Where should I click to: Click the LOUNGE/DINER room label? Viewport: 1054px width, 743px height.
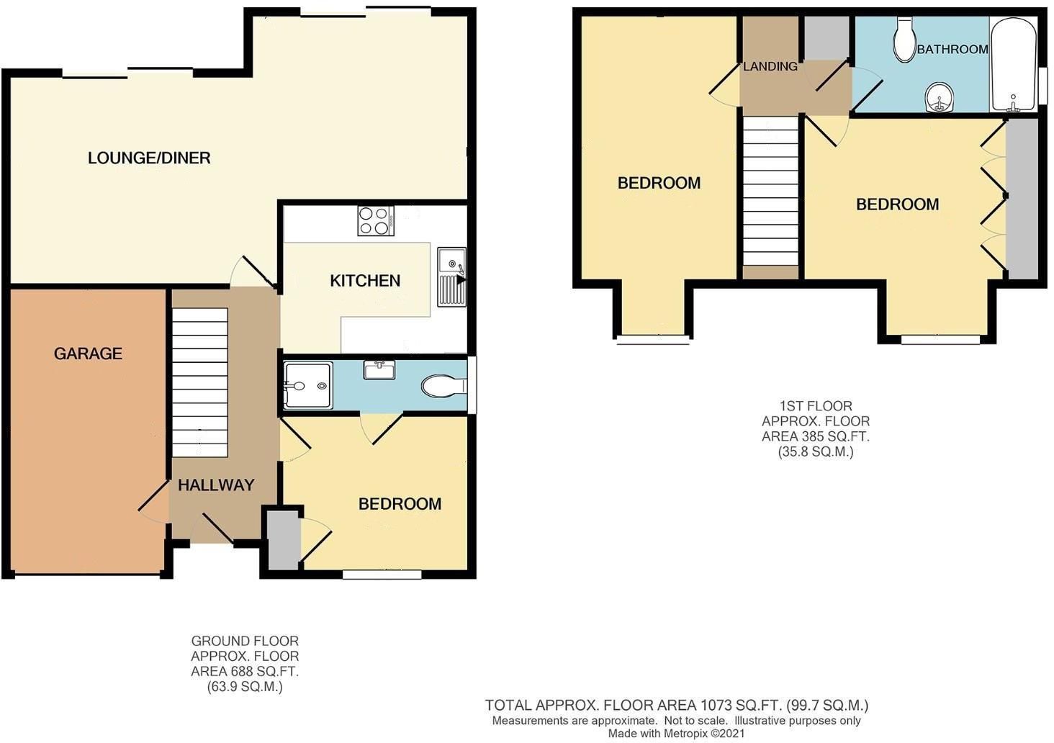pyautogui.click(x=149, y=158)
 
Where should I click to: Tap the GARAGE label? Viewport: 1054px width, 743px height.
pyautogui.click(x=88, y=354)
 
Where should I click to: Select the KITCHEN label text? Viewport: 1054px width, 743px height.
pyautogui.click(x=365, y=281)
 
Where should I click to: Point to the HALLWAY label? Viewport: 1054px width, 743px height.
pyautogui.click(x=216, y=485)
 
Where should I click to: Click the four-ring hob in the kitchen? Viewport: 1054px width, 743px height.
pyautogui.click(x=376, y=221)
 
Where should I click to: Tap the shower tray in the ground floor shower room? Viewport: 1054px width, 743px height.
pyautogui.click(x=308, y=385)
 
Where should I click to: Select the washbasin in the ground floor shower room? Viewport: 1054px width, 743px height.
pyautogui.click(x=379, y=370)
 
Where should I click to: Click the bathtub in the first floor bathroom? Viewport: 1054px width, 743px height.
pyautogui.click(x=1014, y=65)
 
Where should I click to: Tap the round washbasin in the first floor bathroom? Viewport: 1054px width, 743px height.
pyautogui.click(x=940, y=97)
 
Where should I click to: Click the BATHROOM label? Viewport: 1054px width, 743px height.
pyautogui.click(x=952, y=49)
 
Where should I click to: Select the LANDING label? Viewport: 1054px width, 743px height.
pyautogui.click(x=770, y=66)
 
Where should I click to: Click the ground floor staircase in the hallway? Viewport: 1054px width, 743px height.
pyautogui.click(x=199, y=382)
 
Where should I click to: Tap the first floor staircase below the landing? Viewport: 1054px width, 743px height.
pyautogui.click(x=771, y=191)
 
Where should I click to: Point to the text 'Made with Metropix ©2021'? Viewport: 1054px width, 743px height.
pyautogui.click(x=676, y=734)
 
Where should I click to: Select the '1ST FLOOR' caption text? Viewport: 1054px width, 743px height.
pyautogui.click(x=816, y=406)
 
